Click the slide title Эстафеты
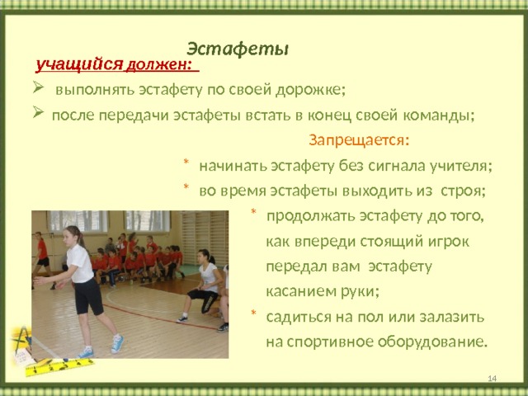click(x=238, y=49)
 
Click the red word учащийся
click(x=79, y=64)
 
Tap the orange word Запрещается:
click(x=359, y=140)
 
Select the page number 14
click(x=492, y=379)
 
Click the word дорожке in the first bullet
click(x=310, y=90)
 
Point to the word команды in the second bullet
click(x=438, y=115)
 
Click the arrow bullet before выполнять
click(x=38, y=88)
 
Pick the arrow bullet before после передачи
click(x=38, y=112)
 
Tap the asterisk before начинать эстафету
click(x=186, y=163)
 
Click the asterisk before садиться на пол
click(x=253, y=313)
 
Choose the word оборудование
click(x=432, y=342)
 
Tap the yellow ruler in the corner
click(x=60, y=366)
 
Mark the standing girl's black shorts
click(x=87, y=296)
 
